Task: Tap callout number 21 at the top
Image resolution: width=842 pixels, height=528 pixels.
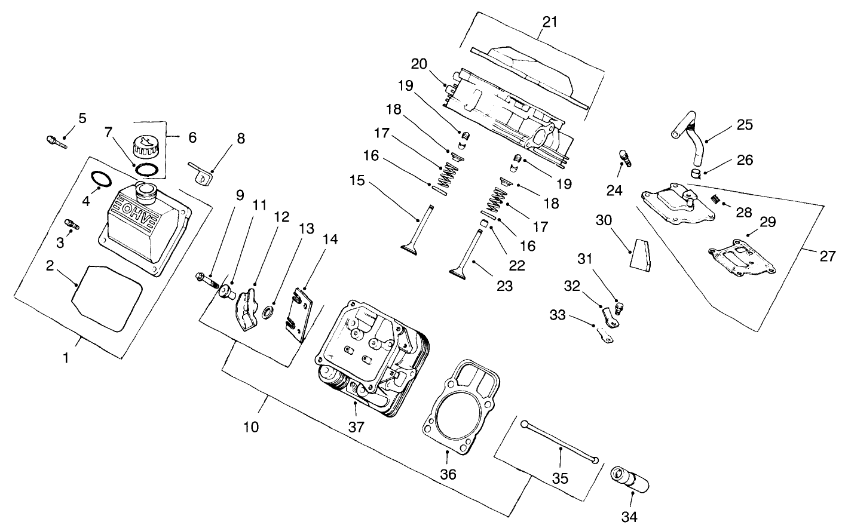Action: [549, 22]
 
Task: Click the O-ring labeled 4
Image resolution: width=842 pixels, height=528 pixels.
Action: [101, 180]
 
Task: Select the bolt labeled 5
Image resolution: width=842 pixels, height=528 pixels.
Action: [54, 140]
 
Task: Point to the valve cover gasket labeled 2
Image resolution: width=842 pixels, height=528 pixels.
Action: [108, 298]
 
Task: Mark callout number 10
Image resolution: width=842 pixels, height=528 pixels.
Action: [252, 428]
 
